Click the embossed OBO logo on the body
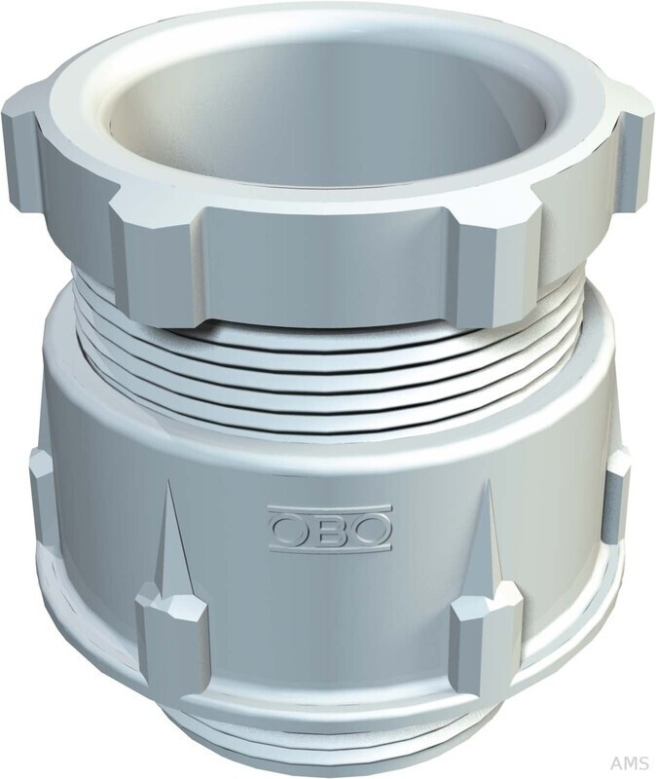pos(329,529)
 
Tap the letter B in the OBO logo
pos(329,530)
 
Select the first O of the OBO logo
pos(289,530)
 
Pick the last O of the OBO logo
pos(370,530)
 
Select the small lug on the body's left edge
pos(42,487)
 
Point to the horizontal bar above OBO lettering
pos(329,508)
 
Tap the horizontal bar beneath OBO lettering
pos(329,550)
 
